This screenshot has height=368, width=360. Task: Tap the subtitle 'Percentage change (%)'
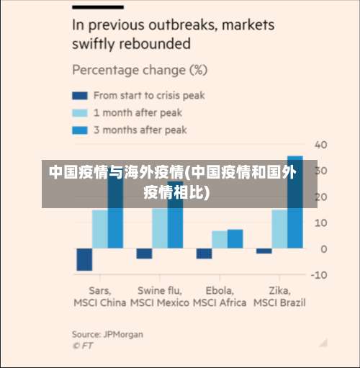click(x=140, y=71)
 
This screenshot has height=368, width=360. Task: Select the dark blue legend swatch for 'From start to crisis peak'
click(x=79, y=95)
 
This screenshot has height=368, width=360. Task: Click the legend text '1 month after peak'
click(x=138, y=112)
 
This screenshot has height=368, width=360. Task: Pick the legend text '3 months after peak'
click(x=140, y=130)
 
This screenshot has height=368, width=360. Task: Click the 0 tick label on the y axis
click(x=323, y=249)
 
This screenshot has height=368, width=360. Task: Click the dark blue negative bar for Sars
click(x=84, y=259)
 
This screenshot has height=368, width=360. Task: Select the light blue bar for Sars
click(x=100, y=228)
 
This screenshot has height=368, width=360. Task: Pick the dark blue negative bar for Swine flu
click(x=144, y=253)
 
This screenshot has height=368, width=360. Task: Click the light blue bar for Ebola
click(x=220, y=240)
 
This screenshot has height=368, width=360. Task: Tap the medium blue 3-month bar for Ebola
click(x=235, y=239)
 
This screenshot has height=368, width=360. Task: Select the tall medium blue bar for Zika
click(x=294, y=202)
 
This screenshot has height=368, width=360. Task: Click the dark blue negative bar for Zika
click(x=264, y=251)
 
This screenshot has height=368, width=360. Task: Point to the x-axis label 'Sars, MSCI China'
click(x=100, y=296)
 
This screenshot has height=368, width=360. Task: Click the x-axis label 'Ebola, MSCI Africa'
click(x=220, y=296)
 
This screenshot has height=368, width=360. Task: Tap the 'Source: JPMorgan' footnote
click(x=107, y=334)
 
